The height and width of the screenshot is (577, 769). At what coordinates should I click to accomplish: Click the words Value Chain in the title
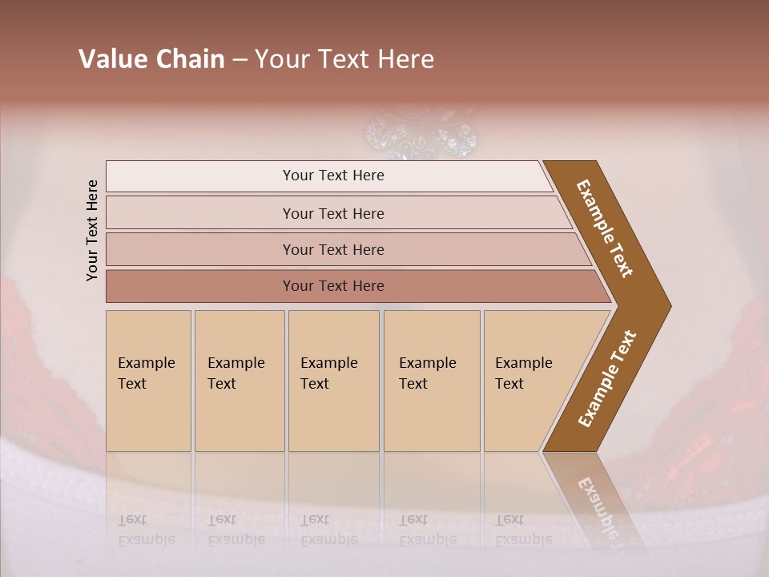click(151, 59)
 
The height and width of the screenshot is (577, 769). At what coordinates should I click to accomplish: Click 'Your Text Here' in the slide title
click(344, 59)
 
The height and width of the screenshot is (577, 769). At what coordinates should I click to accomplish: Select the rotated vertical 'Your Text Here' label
click(92, 230)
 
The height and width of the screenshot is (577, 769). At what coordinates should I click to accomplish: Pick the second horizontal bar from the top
click(333, 213)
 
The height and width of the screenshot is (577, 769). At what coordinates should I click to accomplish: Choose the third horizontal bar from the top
click(333, 249)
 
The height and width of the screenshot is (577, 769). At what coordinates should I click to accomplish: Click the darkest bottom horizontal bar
click(333, 286)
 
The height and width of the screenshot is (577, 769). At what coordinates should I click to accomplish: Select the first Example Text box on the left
click(148, 381)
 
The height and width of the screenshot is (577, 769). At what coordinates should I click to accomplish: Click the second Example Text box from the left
click(239, 381)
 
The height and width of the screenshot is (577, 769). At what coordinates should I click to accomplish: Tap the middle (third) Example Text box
click(333, 381)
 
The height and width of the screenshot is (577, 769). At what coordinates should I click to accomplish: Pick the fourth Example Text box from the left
click(431, 381)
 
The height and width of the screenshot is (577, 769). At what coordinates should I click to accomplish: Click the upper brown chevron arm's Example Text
click(605, 228)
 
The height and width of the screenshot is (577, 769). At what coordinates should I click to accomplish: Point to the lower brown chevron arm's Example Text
click(606, 379)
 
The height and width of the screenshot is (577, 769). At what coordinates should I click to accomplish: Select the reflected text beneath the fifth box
click(523, 530)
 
